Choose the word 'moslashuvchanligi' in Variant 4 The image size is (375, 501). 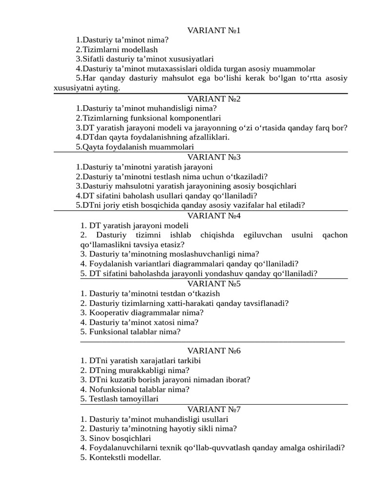[x=197, y=254]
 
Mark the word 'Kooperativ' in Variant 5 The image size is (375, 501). [x=108, y=312]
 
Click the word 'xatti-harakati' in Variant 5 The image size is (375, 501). [x=194, y=303]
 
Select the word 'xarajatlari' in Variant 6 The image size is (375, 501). [x=148, y=361]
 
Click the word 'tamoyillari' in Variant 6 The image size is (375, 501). [x=137, y=399]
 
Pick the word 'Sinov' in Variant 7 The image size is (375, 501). [x=99, y=438]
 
